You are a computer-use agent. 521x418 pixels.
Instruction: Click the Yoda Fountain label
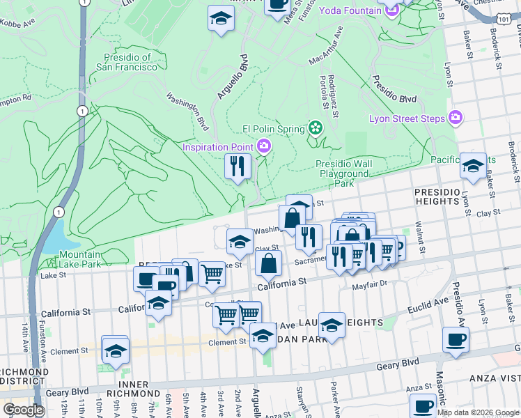pos(350,10)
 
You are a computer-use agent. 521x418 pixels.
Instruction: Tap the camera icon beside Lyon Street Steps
pos(456,117)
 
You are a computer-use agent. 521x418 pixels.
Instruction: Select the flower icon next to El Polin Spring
pos(315,128)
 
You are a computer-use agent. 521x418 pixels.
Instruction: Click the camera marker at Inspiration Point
pos(265,146)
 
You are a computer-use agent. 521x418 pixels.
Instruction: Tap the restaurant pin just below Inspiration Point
pos(238,167)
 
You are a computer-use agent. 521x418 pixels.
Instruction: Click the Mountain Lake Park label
pos(79,259)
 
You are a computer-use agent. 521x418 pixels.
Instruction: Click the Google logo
pos(24,410)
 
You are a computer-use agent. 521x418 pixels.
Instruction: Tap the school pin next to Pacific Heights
pos(473,167)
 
